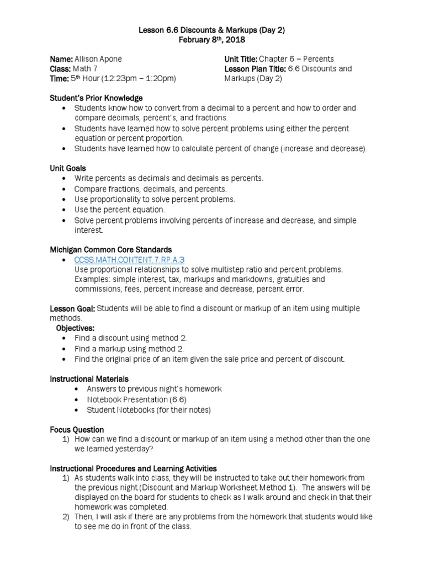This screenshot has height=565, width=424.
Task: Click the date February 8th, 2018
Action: tap(211, 40)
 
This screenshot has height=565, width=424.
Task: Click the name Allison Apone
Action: tap(98, 59)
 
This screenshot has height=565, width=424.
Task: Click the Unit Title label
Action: tap(243, 59)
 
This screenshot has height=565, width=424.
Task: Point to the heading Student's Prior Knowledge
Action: tap(96, 98)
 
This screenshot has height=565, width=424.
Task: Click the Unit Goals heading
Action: tap(68, 168)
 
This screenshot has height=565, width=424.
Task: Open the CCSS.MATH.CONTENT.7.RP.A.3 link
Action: tap(121, 259)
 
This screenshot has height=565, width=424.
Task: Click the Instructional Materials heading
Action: tap(89, 379)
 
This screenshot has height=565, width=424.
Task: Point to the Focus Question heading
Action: tap(77, 429)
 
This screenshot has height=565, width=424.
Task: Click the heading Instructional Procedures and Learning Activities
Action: tap(133, 468)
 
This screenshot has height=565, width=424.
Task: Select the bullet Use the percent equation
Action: tap(120, 210)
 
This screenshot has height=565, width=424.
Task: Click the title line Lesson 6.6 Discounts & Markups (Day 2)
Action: tap(211, 30)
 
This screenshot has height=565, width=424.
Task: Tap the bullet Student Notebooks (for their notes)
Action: tap(149, 409)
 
